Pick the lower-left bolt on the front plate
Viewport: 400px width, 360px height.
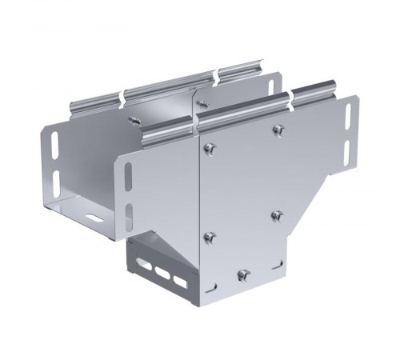coord(210,237)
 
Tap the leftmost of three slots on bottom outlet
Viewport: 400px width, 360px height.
coord(144,266)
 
